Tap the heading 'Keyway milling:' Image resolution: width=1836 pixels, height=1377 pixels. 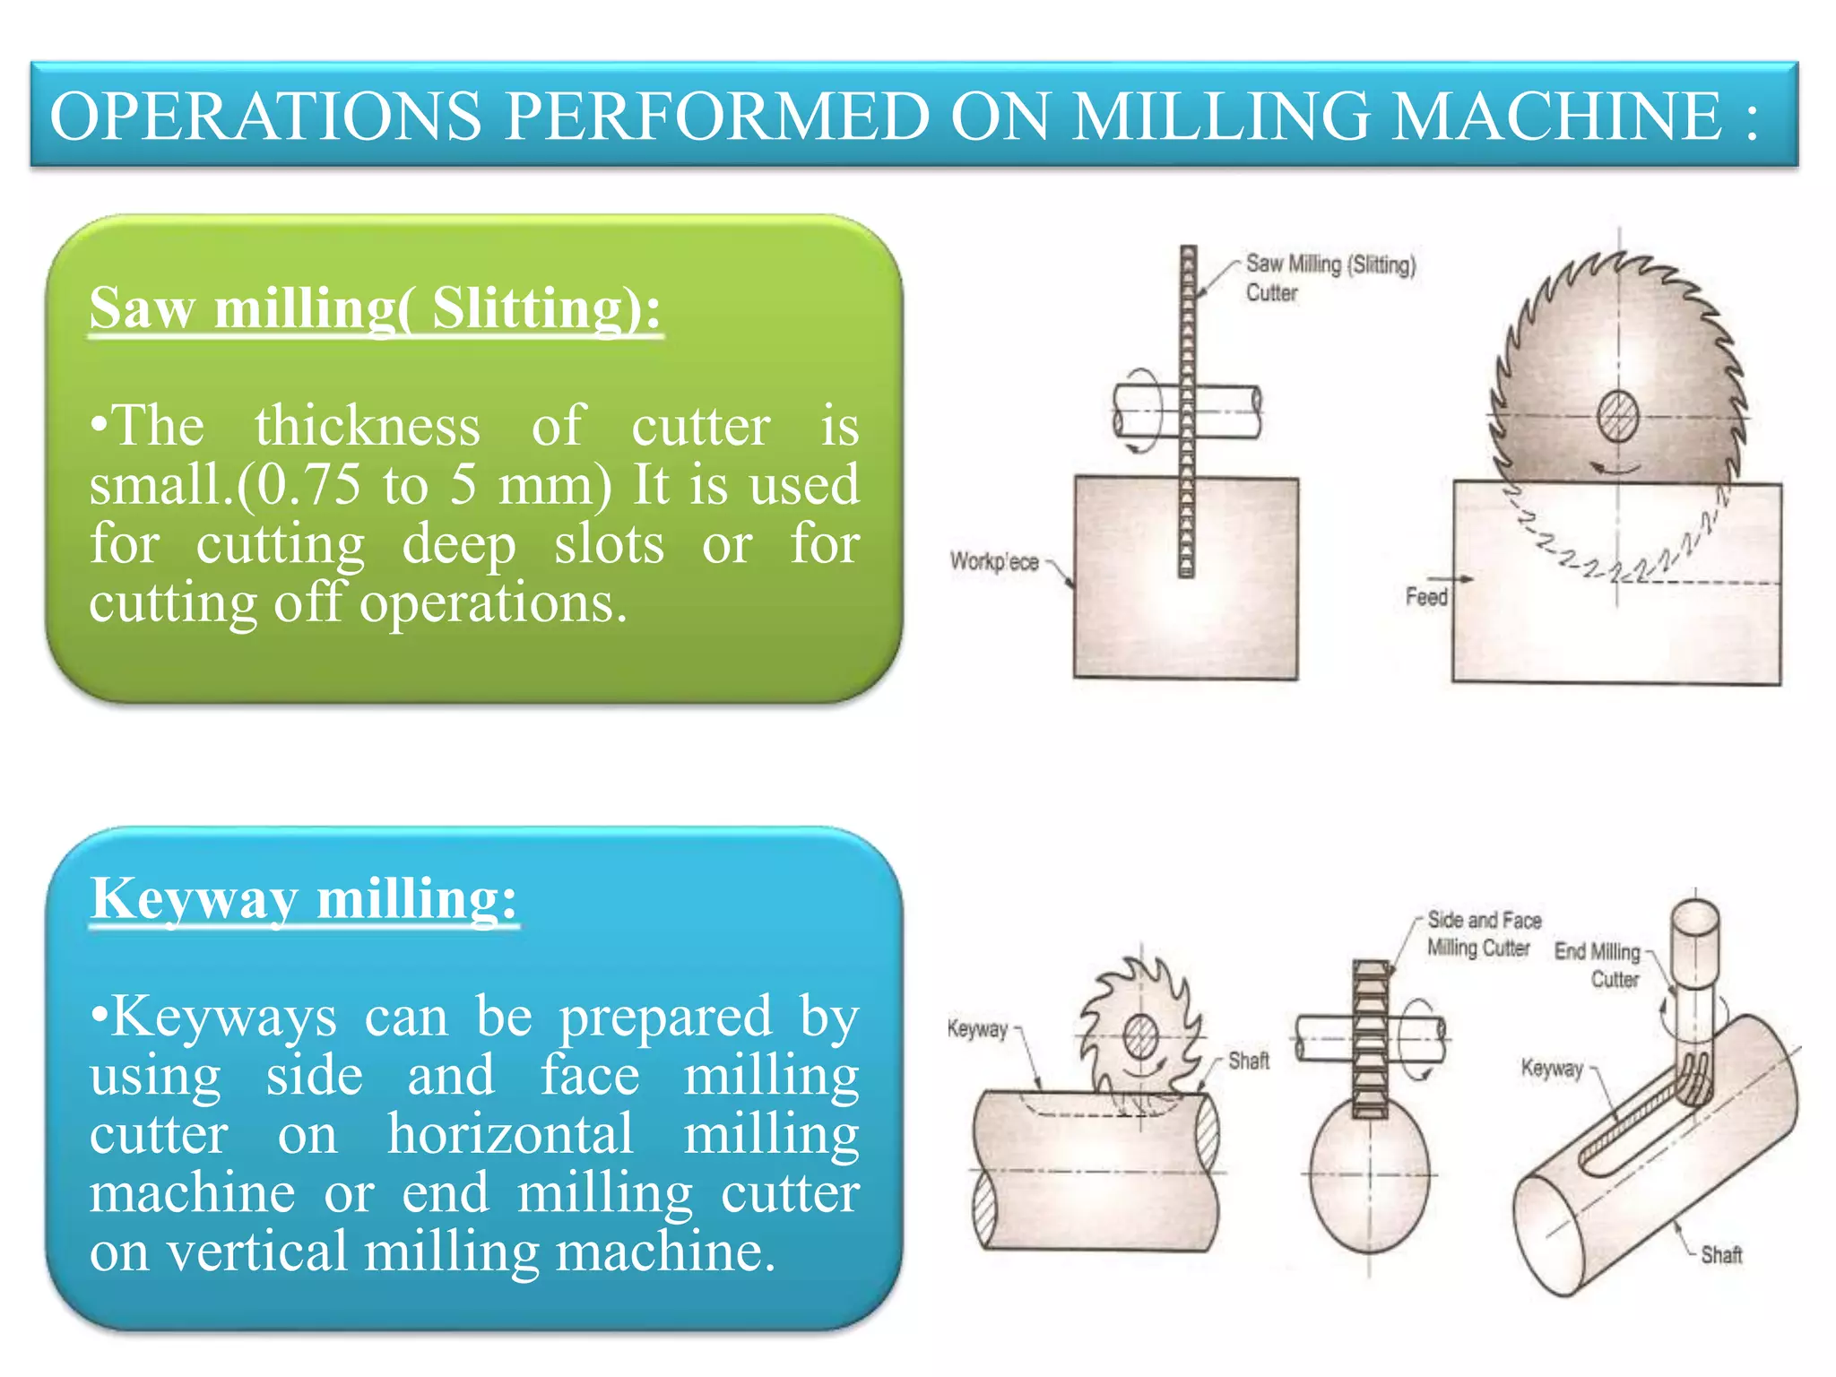point(304,898)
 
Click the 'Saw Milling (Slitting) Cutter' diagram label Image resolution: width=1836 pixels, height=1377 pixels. point(1329,278)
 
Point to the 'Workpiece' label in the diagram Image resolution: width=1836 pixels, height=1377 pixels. point(993,562)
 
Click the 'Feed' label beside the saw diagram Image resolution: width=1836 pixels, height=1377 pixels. point(1425,597)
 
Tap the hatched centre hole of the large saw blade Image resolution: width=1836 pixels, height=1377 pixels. point(1618,416)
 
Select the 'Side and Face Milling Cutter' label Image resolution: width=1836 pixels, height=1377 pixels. point(1483,933)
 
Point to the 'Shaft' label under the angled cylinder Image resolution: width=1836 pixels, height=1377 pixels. point(1721,1254)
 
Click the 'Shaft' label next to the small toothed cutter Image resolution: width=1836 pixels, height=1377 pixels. point(1249,1061)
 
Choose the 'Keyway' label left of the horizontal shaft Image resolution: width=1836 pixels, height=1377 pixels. point(977,1028)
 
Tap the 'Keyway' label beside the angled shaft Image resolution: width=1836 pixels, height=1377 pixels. point(1552,1068)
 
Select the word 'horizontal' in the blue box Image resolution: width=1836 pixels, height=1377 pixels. point(511,1134)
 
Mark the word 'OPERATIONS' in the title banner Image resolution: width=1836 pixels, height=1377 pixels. point(265,117)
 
